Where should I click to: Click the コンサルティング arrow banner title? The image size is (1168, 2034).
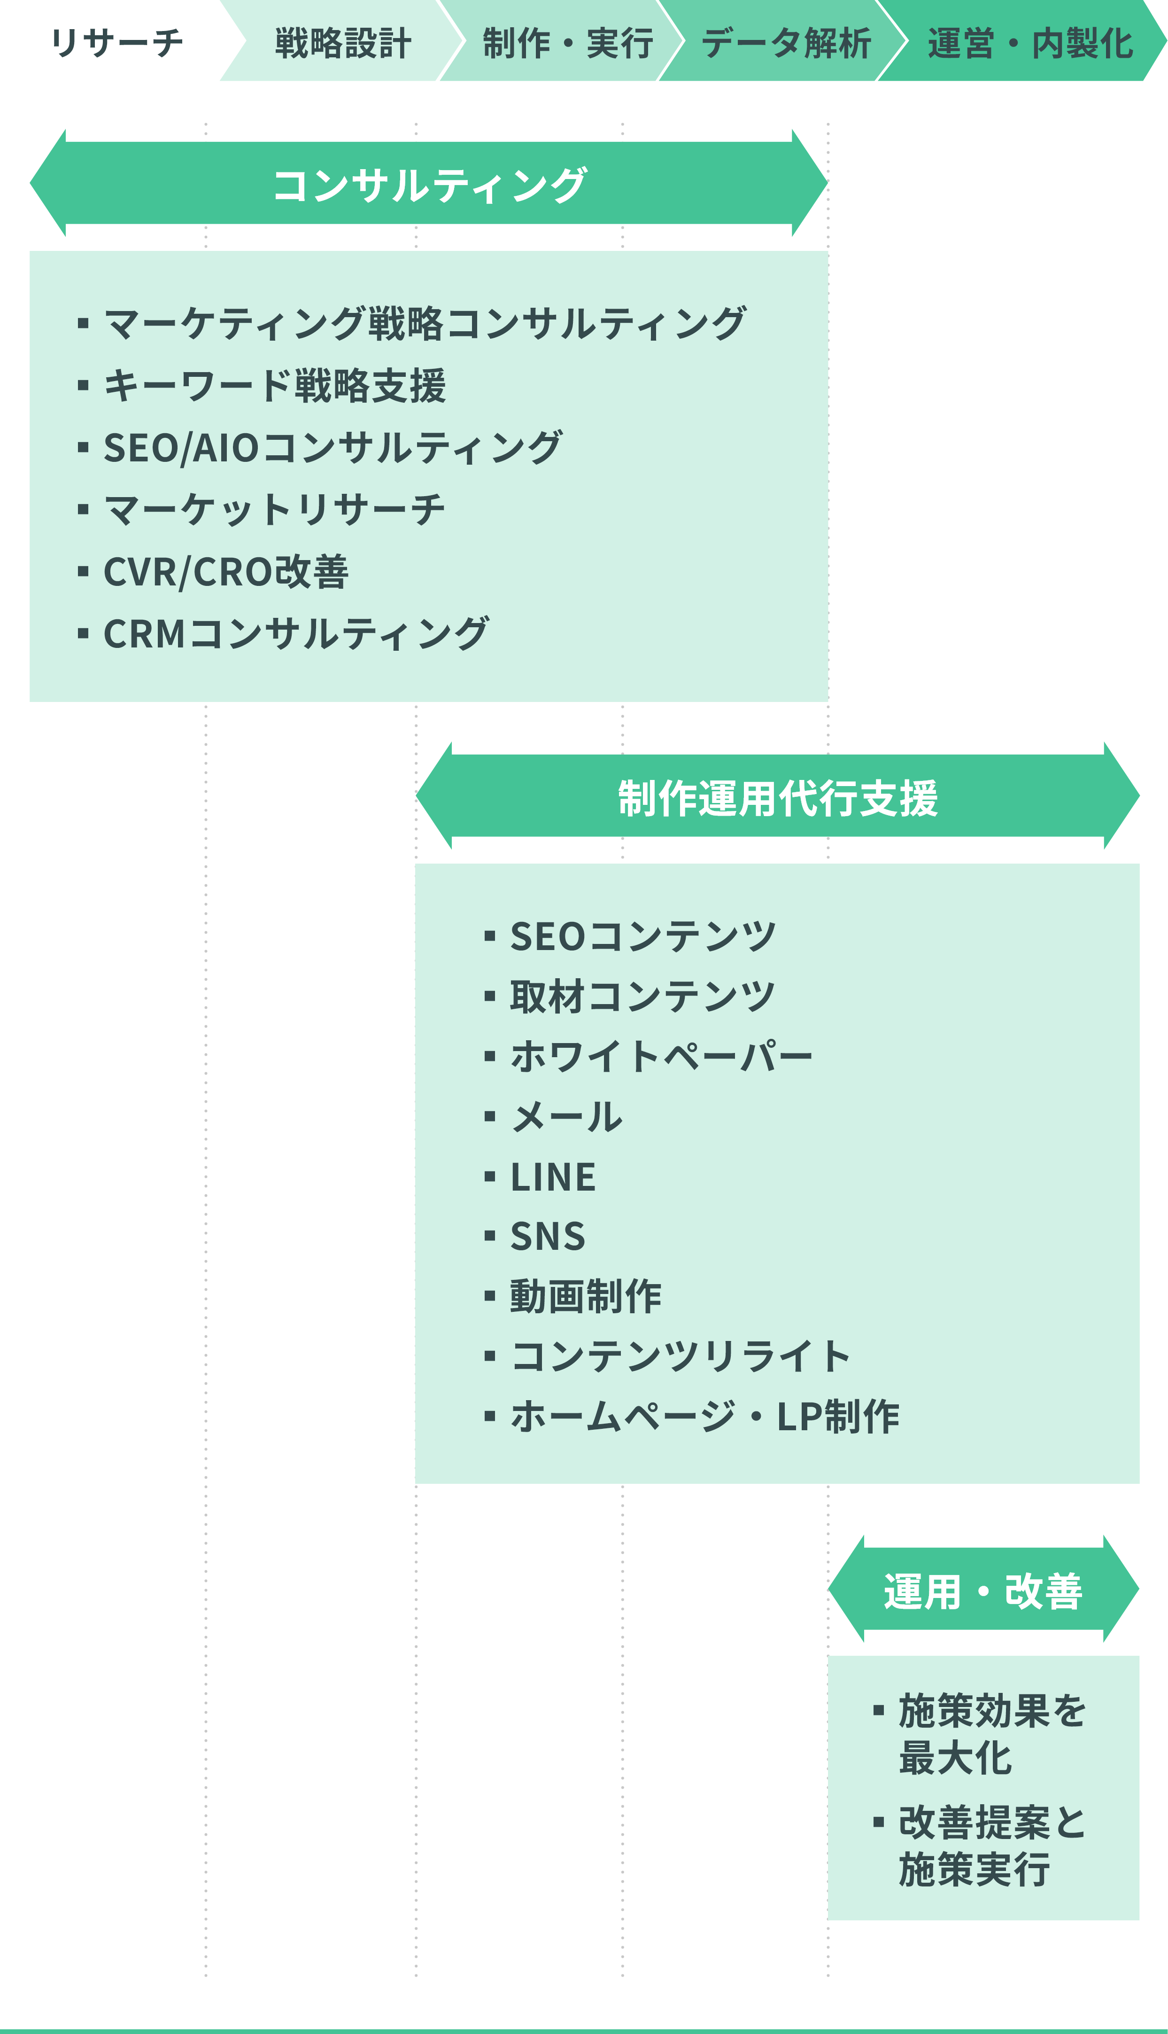(x=430, y=185)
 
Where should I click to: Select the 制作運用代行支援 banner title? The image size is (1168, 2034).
(x=777, y=798)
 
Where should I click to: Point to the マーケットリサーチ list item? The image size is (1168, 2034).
(x=274, y=509)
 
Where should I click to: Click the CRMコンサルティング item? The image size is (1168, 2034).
(x=296, y=634)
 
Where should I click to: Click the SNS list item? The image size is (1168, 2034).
(x=548, y=1237)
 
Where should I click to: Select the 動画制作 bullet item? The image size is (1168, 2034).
(x=586, y=1297)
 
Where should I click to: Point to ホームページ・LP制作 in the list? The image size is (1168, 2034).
(x=705, y=1417)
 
